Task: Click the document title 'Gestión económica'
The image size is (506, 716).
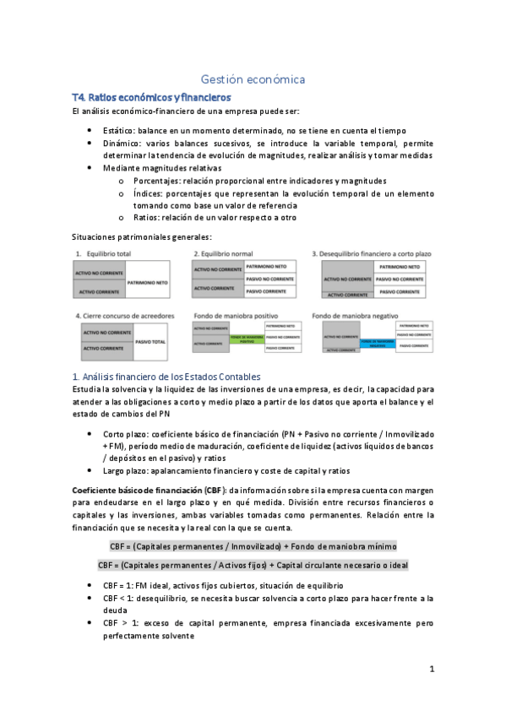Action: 253,79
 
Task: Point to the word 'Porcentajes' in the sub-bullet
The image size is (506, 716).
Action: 161,180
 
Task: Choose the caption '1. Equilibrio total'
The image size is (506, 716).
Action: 108,253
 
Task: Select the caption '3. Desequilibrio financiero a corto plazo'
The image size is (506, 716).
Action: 370,253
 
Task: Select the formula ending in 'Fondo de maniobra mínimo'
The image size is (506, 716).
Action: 253,545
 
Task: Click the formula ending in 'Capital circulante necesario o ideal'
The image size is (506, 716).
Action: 253,565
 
